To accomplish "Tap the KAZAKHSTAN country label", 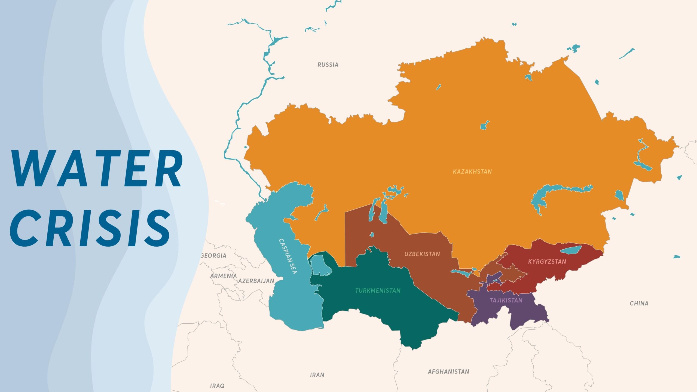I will tap(472, 171).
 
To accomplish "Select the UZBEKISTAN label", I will tap(422, 254).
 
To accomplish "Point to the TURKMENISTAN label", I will tap(378, 290).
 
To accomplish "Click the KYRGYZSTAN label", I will tap(547, 262).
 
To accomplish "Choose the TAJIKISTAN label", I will tap(506, 300).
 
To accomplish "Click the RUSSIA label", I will tap(328, 65).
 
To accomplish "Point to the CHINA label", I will tap(639, 303).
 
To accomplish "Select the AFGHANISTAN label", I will tap(448, 372).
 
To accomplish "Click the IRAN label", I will tap(317, 375).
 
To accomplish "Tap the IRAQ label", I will tap(217, 386).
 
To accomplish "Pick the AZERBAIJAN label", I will tap(256, 281).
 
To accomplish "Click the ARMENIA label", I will tap(223, 276).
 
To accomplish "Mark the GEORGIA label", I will tap(213, 256).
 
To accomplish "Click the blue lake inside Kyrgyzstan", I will tap(571, 249).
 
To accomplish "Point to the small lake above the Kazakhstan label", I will tap(484, 126).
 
